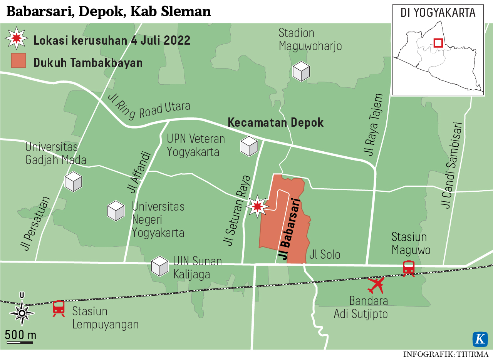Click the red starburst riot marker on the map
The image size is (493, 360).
257,206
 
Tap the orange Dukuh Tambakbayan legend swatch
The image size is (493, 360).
18,61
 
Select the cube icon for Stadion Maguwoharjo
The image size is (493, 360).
301,71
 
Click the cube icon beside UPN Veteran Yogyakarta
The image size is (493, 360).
249,146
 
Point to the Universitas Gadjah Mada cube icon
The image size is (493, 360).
73,181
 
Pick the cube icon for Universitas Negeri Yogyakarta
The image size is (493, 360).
116,211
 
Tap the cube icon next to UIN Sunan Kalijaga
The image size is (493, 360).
160,266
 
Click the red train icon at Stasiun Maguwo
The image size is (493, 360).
409,268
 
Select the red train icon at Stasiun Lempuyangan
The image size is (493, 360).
59,308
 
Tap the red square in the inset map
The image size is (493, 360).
438,42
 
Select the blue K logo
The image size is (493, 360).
480,339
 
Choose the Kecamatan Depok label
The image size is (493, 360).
276,122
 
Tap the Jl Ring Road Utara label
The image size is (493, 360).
149,108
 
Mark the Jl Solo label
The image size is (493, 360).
325,255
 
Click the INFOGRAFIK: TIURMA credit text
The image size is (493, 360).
446,354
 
